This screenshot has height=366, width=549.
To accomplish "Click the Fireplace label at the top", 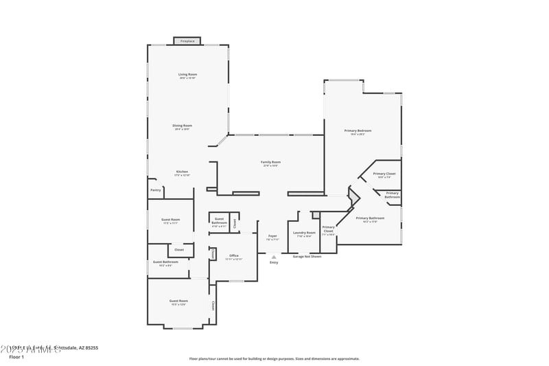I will tap(187, 41).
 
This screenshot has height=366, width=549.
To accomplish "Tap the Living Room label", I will tap(187, 74).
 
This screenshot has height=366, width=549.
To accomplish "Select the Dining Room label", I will tap(182, 126).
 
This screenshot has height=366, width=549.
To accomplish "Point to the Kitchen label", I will tap(182, 172).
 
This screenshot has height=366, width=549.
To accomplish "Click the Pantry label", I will tap(155, 190).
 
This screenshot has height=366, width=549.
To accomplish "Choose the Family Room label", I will tap(271, 163).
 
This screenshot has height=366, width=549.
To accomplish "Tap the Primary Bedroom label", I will tap(358, 131).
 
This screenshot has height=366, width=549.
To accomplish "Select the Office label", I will tap(234, 256).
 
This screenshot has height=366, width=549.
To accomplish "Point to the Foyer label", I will tap(272, 236).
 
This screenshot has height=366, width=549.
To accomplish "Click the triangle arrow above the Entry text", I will tap(274, 257).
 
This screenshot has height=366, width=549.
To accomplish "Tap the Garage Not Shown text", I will tap(307, 256).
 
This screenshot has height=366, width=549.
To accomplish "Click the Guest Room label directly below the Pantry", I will tap(170, 220).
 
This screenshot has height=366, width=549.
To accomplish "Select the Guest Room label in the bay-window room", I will tap(178, 301).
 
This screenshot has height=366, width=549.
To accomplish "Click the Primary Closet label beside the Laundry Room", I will tap(329, 229).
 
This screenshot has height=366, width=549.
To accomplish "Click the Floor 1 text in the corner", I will tap(16, 357).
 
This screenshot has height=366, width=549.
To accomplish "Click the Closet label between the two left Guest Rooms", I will tap(178, 249).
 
